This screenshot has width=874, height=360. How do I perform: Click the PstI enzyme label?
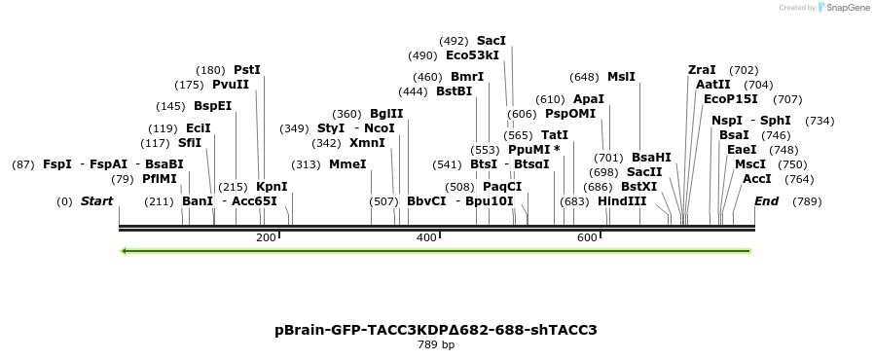pos(247,70)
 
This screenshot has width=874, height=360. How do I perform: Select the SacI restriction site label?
pos(492,41)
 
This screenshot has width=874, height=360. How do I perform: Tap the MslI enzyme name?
pos(621,77)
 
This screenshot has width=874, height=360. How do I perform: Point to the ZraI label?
pos(702,70)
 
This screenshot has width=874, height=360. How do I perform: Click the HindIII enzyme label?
pos(622,201)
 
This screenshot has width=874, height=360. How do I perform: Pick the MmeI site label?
pos(347,163)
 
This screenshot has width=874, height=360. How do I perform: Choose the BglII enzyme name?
pos(386,114)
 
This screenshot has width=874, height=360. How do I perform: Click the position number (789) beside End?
pos(808,201)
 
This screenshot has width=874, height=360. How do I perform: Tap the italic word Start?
pos(96,201)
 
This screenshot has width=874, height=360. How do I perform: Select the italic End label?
pos(767,201)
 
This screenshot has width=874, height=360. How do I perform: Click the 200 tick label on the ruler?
pos(266,238)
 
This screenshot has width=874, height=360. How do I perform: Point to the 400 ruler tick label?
pos(426,238)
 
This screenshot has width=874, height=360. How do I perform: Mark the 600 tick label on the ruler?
pos(587,238)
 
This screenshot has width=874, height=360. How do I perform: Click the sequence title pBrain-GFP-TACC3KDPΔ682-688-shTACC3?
pos(436,330)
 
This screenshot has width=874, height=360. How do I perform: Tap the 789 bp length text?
pos(436,344)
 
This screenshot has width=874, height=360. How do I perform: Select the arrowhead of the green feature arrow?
pos(125,251)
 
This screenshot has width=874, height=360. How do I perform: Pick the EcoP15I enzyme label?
pos(731,99)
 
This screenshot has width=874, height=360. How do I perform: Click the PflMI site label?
pos(160,179)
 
